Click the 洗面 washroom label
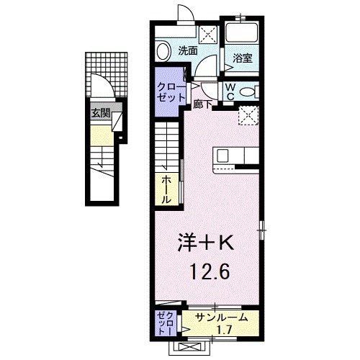pos(188,51)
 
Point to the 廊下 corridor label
pos(203,104)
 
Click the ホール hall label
pos(166,189)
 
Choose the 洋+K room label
pos(206,245)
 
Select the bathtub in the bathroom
pos(243,35)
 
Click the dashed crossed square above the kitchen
pos(249,114)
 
